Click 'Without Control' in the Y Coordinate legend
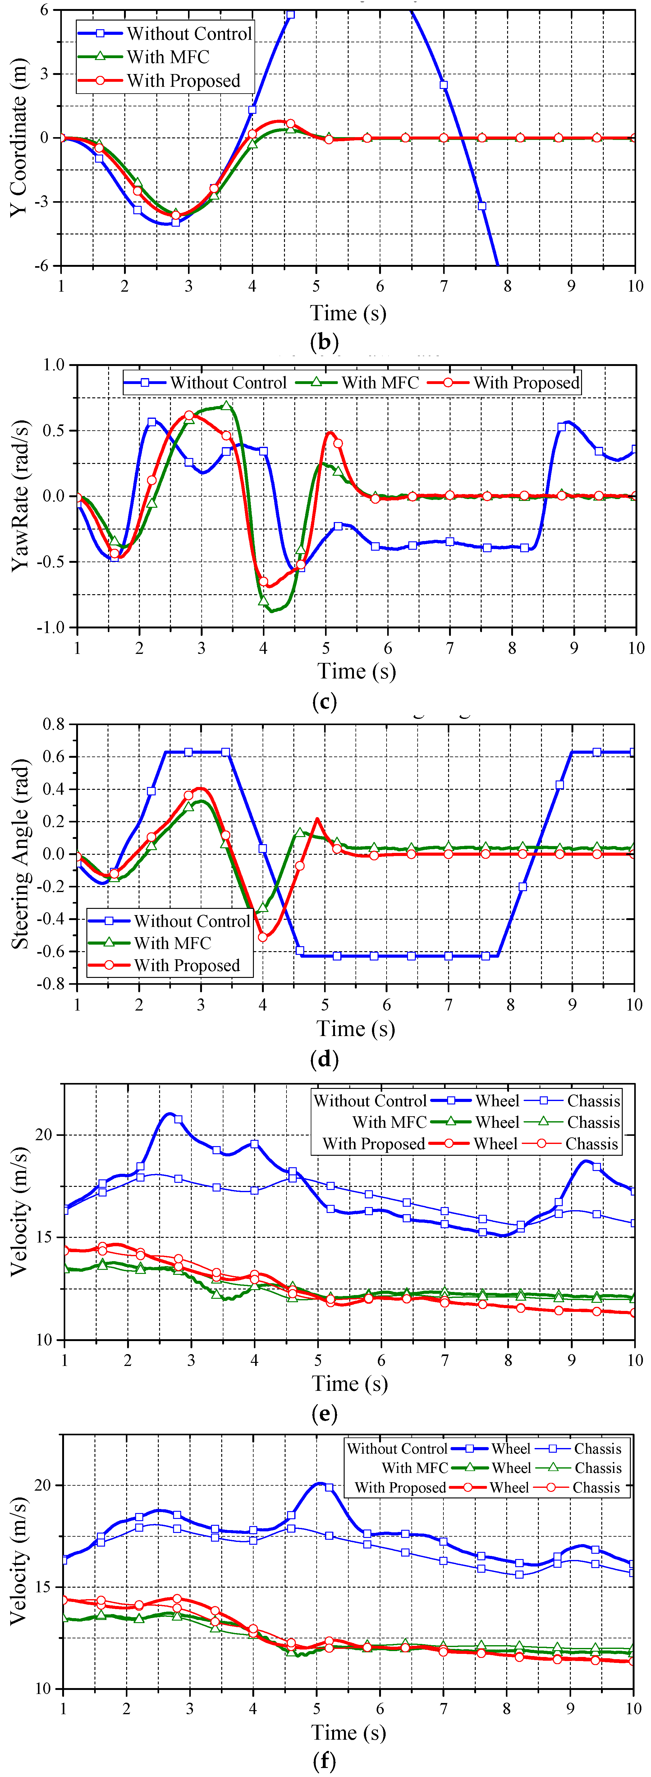[189, 34]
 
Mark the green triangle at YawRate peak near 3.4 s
[226, 406]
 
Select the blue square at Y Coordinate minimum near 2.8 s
[176, 222]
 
